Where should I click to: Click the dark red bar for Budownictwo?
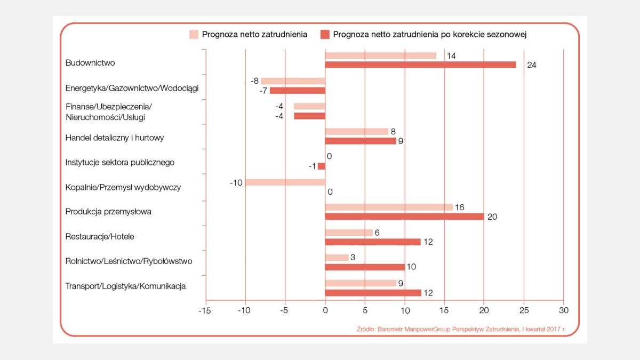[x=421, y=65]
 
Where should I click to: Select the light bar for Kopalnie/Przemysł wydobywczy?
[x=285, y=182]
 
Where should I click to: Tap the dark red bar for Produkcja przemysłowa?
[x=404, y=217]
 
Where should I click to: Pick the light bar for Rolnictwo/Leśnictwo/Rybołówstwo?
[x=337, y=258]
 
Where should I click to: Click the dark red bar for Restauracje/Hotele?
[x=373, y=242]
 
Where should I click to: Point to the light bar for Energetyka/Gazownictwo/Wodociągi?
[x=293, y=81]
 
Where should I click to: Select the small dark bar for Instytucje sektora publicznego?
[x=322, y=166]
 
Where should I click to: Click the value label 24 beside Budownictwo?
[x=531, y=65]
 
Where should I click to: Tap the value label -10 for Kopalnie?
[x=236, y=182]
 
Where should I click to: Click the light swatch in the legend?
[x=194, y=35]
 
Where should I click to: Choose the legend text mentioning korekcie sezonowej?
[x=430, y=35]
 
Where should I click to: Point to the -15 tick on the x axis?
[x=205, y=310]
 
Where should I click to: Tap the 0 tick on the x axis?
[x=325, y=310]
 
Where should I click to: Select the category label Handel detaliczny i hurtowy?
[x=115, y=138]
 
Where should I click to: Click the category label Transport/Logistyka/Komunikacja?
[x=125, y=286]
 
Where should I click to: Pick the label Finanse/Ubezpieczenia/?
[x=109, y=107]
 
